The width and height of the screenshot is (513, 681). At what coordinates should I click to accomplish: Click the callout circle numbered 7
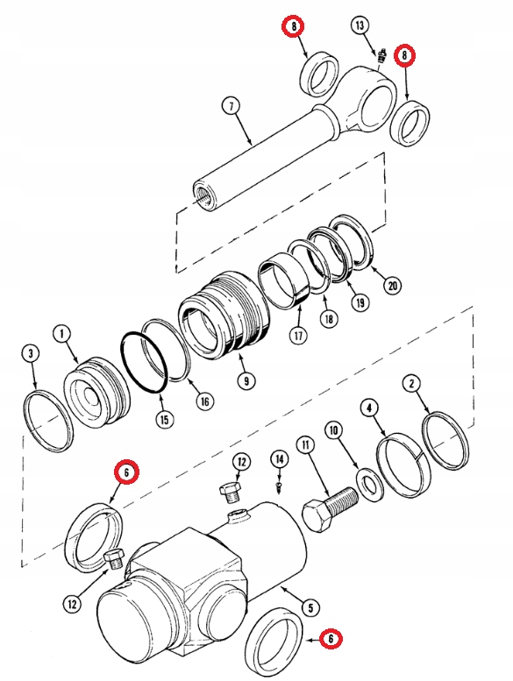click(231, 107)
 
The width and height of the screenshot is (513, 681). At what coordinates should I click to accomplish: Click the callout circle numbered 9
click(245, 380)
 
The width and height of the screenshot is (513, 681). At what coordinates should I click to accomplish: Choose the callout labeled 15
click(163, 419)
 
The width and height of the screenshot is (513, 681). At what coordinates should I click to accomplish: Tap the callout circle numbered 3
click(31, 354)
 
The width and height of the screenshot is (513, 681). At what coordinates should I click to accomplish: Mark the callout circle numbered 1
click(61, 333)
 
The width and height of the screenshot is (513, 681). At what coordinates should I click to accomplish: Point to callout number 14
click(279, 458)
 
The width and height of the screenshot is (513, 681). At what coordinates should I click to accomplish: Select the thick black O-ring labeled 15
click(145, 362)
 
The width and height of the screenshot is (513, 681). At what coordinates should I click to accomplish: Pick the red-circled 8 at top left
click(294, 28)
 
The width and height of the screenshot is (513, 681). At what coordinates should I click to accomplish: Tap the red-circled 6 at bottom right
click(331, 638)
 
